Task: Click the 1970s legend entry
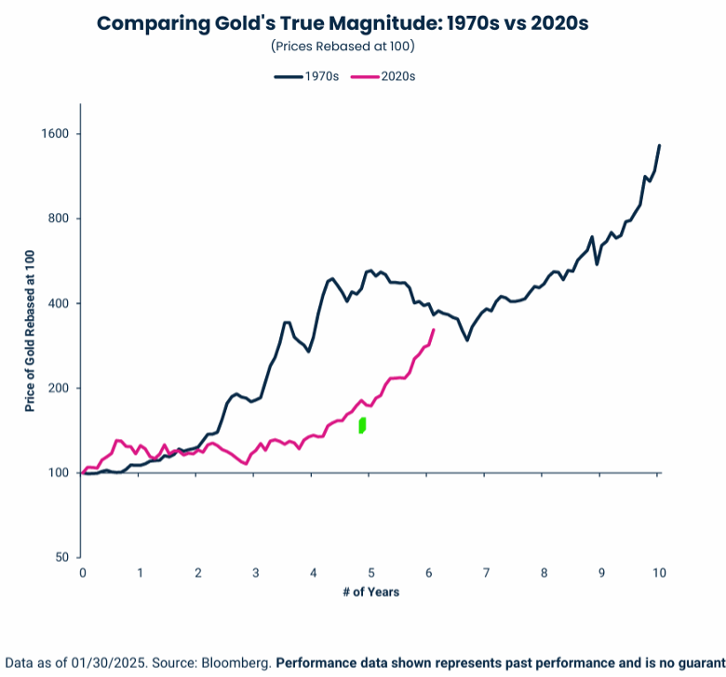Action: [x=306, y=76]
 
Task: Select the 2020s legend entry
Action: [x=383, y=76]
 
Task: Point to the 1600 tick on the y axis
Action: [x=55, y=134]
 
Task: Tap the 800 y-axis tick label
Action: [x=59, y=219]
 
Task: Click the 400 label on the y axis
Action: [x=59, y=303]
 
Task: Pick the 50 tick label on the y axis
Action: [x=62, y=557]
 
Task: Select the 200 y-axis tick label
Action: [x=59, y=388]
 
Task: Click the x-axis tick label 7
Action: [x=486, y=573]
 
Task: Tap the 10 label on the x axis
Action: [x=659, y=573]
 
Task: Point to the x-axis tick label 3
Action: [x=256, y=573]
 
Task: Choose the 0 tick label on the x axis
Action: [x=83, y=573]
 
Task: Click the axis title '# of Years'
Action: [x=370, y=592]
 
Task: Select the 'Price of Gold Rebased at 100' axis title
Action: [x=30, y=331]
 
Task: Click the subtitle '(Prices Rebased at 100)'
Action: [x=343, y=46]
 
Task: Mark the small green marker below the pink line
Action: [x=363, y=425]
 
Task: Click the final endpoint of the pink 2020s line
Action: [x=434, y=329]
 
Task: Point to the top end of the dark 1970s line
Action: [x=659, y=145]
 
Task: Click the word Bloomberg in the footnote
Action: [x=236, y=663]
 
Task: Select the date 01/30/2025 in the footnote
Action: [x=109, y=663]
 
